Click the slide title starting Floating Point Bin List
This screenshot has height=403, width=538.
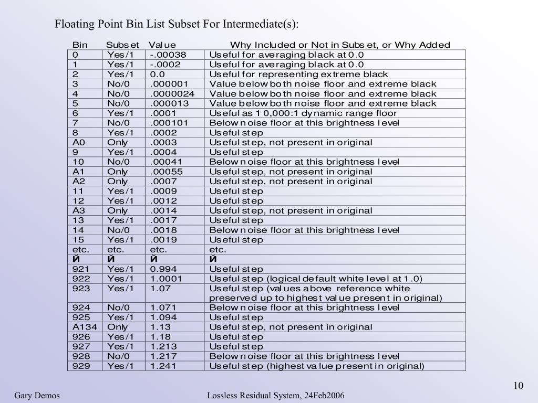click(177, 24)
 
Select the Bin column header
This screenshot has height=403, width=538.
click(80, 45)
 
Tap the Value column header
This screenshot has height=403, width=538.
click(162, 45)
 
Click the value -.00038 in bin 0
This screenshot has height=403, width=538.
click(168, 55)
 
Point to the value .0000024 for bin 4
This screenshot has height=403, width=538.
click(172, 94)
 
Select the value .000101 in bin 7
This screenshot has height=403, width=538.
click(169, 123)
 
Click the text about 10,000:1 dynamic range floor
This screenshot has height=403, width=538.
click(303, 113)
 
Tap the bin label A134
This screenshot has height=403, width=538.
click(84, 327)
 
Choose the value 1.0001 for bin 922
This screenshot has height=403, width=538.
click(166, 279)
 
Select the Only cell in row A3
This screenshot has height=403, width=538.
click(117, 210)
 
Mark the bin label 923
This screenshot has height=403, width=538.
click(81, 289)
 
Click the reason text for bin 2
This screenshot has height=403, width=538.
click(298, 74)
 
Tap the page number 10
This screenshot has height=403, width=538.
click(519, 386)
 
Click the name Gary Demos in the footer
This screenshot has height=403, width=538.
click(37, 395)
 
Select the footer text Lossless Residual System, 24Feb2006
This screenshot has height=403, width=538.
click(276, 395)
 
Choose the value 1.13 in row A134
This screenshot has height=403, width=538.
click(161, 327)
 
